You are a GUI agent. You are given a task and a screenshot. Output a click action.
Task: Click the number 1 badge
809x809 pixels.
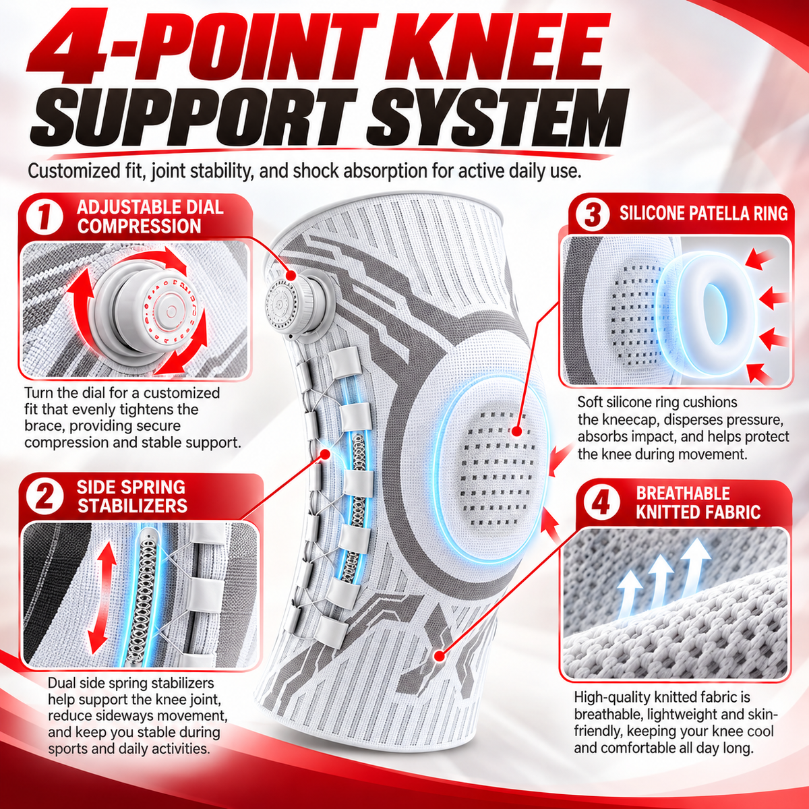[44, 218]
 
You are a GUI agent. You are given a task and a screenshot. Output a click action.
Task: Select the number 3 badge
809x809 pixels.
[593, 214]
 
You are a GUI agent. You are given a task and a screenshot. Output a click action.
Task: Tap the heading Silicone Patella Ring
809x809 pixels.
[703, 214]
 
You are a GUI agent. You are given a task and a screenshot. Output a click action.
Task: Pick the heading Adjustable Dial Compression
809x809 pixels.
[150, 217]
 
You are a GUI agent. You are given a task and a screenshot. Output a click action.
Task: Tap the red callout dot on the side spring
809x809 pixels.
[325, 454]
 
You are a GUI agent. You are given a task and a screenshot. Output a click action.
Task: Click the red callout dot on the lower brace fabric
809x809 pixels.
[439, 655]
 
